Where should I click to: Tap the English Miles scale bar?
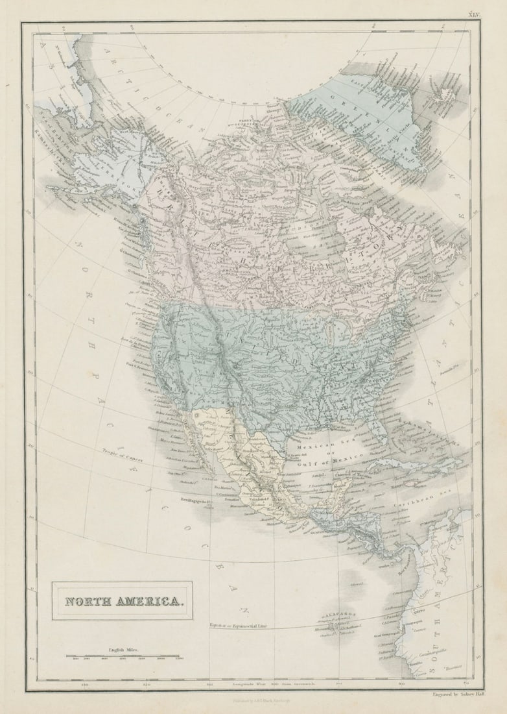pyautogui.click(x=122, y=656)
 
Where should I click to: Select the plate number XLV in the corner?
pyautogui.click(x=475, y=14)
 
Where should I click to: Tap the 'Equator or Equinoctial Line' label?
pyautogui.click(x=239, y=625)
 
